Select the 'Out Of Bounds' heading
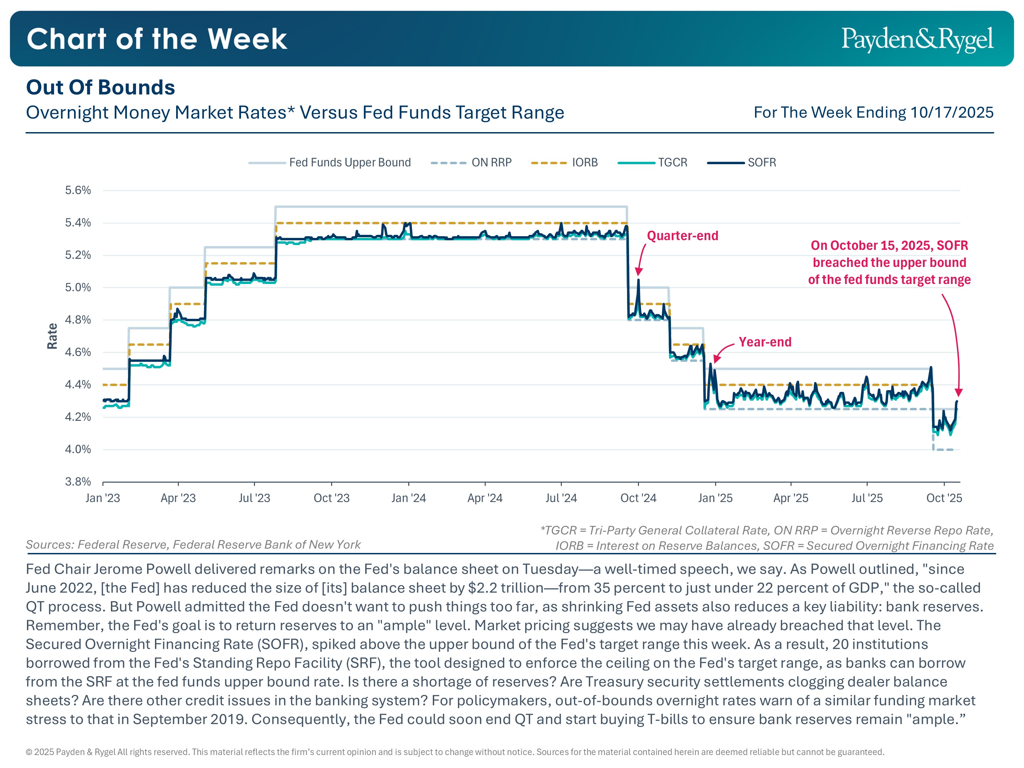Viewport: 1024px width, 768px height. (x=100, y=87)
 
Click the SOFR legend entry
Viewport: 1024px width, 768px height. (x=762, y=162)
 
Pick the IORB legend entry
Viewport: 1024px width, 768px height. (x=585, y=162)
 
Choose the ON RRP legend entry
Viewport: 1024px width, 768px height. (x=491, y=162)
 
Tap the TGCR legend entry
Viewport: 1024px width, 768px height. (x=672, y=162)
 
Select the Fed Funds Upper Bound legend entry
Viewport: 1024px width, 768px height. (x=350, y=162)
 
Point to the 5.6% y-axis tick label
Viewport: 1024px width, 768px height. (x=78, y=190)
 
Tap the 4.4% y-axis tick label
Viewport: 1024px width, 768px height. (x=78, y=385)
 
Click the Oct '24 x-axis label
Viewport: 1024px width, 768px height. (x=638, y=498)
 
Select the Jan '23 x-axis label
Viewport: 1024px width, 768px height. (x=103, y=498)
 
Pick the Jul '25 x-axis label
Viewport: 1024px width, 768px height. (x=867, y=498)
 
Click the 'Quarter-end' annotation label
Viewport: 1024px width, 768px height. (x=682, y=236)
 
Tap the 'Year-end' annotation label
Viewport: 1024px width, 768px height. (x=765, y=342)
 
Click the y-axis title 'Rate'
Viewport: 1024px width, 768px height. (x=52, y=336)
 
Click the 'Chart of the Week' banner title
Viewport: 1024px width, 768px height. (x=157, y=39)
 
